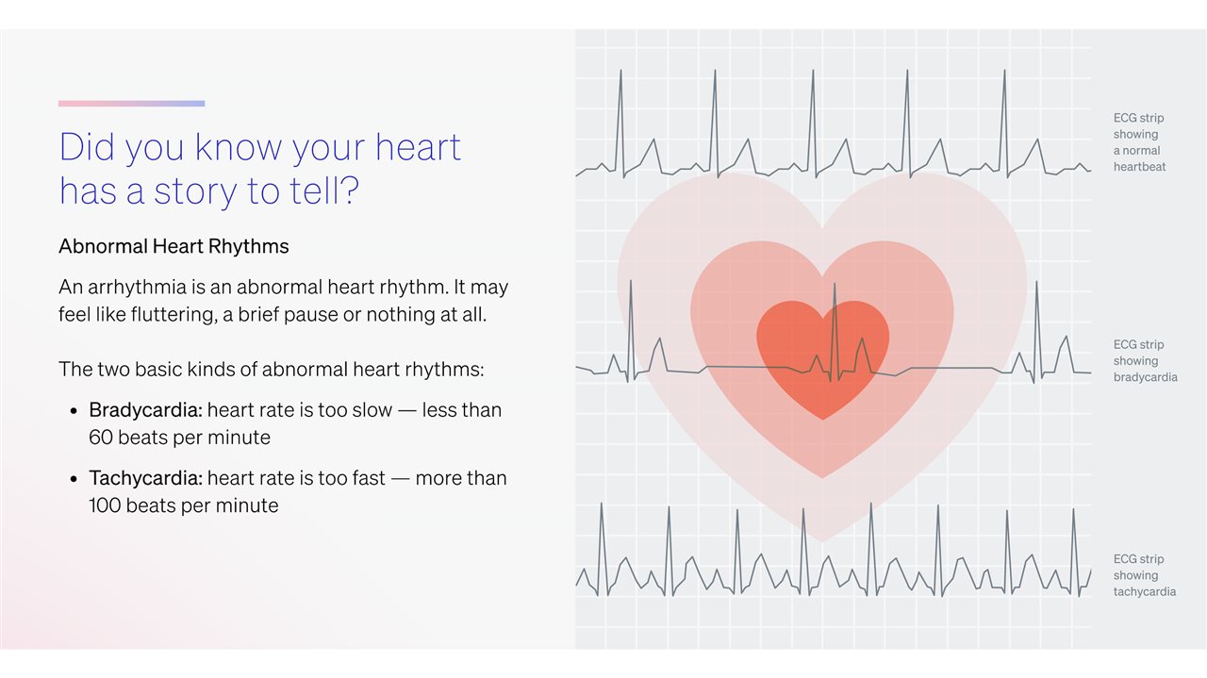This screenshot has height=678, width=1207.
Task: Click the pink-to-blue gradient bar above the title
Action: click(x=131, y=104)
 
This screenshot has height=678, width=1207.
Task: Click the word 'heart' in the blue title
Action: click(x=418, y=146)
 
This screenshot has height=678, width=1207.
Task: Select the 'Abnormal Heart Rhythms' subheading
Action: click(x=174, y=246)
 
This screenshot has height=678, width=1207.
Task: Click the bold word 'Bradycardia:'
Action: click(x=145, y=411)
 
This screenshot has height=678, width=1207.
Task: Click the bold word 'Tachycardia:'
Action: click(x=145, y=478)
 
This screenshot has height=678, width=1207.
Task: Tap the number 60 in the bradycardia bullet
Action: click(x=101, y=438)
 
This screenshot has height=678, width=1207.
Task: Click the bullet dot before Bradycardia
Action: click(x=74, y=411)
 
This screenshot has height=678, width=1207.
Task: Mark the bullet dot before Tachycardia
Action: click(x=74, y=479)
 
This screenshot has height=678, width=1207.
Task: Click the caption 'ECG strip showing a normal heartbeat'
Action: click(x=1139, y=142)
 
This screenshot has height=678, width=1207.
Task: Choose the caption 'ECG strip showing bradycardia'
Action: click(x=1145, y=360)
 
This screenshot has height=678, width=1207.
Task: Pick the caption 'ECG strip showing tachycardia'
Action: click(x=1145, y=575)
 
